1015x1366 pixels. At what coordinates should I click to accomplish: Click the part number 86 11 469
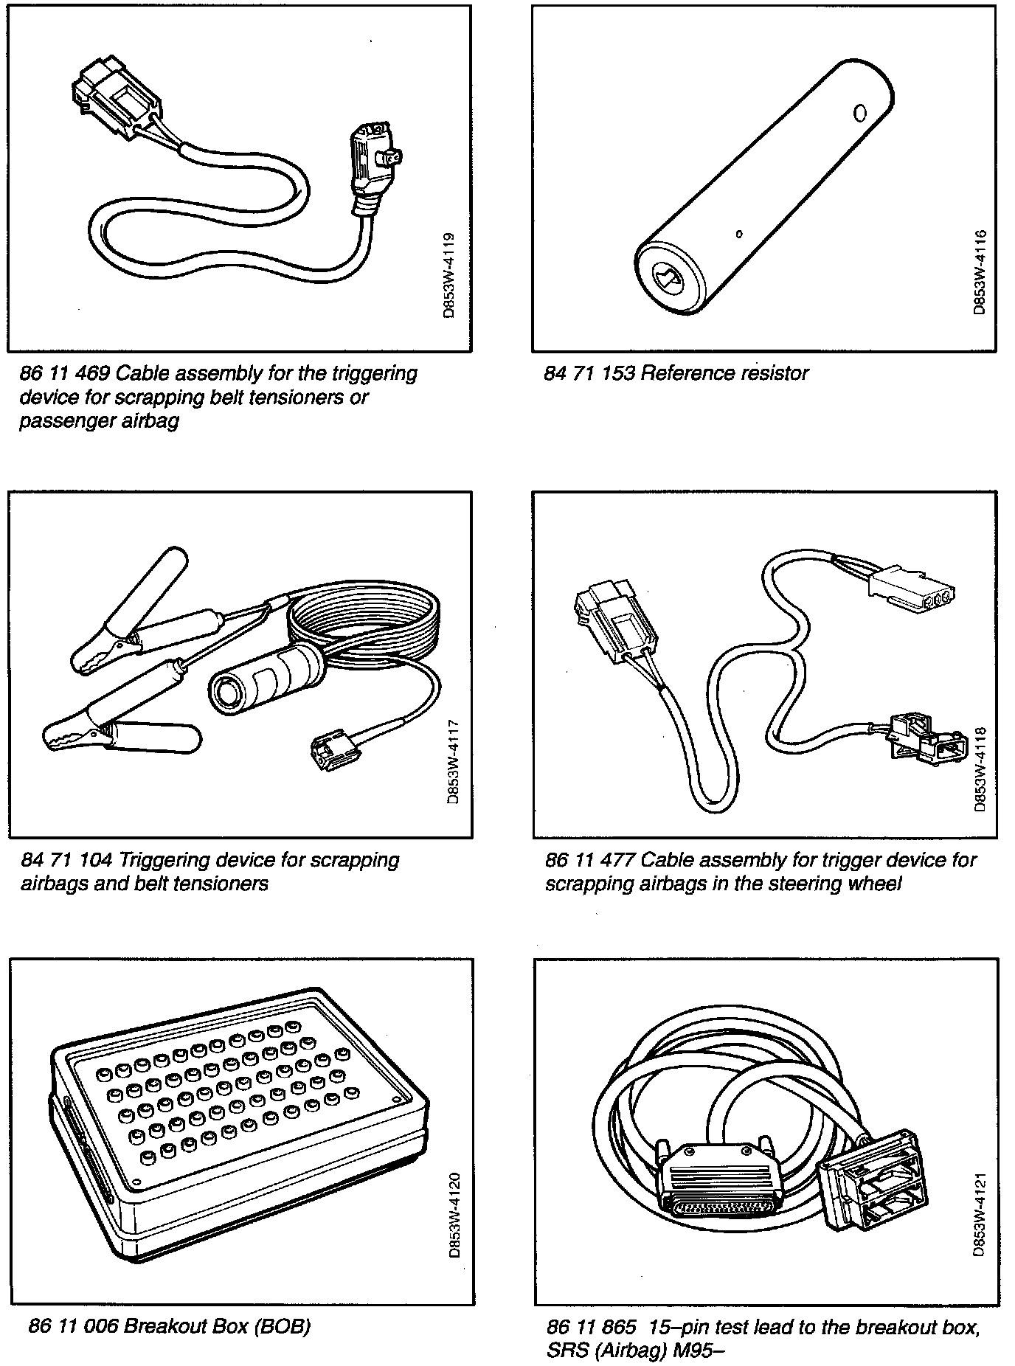coord(63,374)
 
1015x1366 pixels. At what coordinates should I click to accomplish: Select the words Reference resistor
coord(724,374)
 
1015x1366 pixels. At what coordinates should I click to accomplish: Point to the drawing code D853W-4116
coord(979,274)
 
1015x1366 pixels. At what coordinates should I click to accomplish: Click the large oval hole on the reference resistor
coord(859,114)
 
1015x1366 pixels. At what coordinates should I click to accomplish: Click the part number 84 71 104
coord(65,861)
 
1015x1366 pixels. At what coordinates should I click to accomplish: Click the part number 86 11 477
coord(590,861)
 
